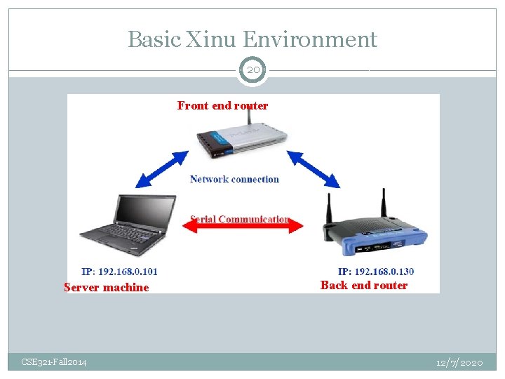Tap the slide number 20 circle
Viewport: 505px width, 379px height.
pos(252,70)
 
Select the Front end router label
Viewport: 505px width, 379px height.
pos(222,106)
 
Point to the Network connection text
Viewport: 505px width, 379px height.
pos(234,179)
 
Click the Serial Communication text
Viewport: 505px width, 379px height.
pos(239,219)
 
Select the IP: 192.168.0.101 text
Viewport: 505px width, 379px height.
pos(119,272)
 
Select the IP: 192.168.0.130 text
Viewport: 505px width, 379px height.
pos(376,272)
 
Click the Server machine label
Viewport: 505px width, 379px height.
pos(106,287)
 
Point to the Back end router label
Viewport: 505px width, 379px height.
pos(363,285)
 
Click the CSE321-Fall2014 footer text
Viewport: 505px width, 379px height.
pos(54,362)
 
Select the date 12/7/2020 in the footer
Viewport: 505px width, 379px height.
pos(459,362)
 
